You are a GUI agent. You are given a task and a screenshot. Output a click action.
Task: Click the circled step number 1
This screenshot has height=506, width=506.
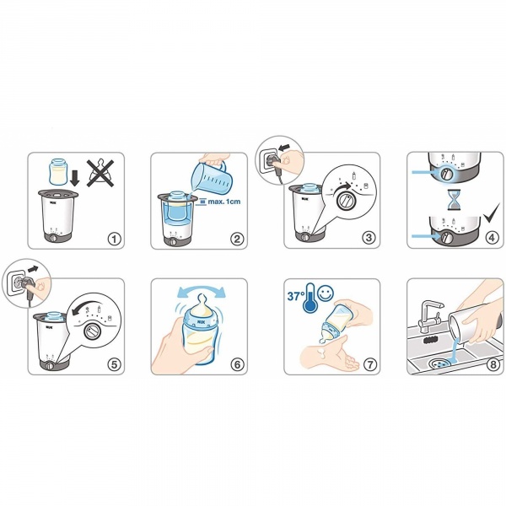[114, 240]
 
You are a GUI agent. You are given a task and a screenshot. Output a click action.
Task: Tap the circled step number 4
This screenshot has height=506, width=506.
[492, 238]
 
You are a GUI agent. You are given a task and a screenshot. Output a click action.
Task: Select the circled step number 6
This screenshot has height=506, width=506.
[237, 364]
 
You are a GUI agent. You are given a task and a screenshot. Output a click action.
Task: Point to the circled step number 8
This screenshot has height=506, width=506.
[493, 364]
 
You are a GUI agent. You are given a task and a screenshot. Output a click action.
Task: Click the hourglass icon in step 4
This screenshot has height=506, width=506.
[453, 200]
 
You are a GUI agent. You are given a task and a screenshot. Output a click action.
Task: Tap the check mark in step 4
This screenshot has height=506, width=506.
[492, 213]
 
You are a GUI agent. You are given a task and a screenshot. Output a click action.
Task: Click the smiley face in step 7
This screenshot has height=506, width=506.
[326, 293]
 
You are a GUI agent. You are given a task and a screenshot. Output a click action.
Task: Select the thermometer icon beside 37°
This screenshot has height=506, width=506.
[310, 298]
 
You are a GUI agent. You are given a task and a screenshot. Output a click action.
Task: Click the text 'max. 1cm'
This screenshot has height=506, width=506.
[224, 202]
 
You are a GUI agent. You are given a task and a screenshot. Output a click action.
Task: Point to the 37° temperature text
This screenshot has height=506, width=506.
[295, 296]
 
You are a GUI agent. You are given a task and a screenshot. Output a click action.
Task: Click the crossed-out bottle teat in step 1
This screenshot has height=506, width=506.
[100, 173]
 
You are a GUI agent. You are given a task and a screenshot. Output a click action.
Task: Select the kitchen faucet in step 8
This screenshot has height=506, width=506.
[430, 315]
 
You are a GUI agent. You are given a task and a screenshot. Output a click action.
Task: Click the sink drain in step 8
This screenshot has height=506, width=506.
[441, 363]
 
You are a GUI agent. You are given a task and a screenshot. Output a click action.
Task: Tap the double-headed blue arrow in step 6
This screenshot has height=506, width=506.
[202, 289]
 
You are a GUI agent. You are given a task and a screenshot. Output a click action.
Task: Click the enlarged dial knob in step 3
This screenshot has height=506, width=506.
[347, 201]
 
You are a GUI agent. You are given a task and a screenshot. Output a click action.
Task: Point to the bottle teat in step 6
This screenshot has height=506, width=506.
[202, 302]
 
